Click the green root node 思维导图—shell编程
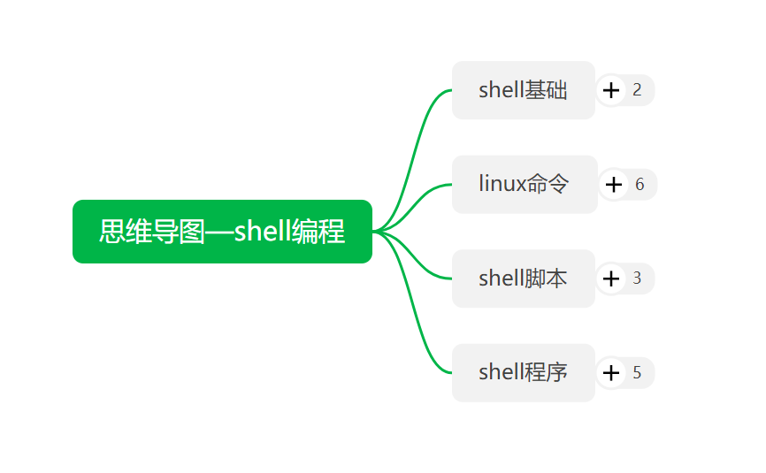tap(222, 232)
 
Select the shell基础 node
tap(523, 90)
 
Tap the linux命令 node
tap(523, 185)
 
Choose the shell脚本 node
tap(523, 278)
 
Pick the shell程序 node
tap(523, 372)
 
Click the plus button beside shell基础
tap(611, 90)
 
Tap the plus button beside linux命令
tap(614, 185)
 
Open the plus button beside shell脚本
tap(611, 278)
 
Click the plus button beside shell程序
tap(611, 372)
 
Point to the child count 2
tap(637, 90)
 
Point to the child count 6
tap(640, 185)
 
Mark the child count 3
tap(637, 278)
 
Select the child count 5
tap(637, 372)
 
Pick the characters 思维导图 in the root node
tap(151, 232)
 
